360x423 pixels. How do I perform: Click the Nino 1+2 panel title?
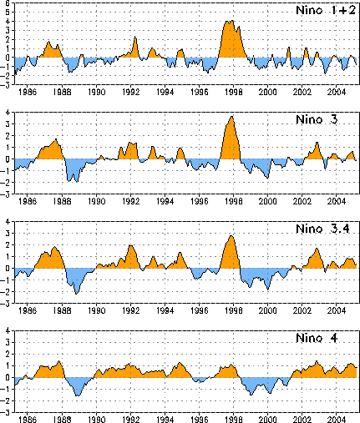(326, 10)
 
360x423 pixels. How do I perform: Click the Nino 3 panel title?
(317, 119)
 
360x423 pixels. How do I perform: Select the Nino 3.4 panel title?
(322, 229)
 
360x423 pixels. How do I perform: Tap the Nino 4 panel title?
(317, 338)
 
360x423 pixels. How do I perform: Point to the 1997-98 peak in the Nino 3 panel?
(232, 117)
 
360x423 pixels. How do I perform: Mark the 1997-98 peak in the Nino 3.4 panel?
(231, 236)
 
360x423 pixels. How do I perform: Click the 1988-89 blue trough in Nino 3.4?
(76, 294)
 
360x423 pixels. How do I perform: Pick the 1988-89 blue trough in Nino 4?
(78, 395)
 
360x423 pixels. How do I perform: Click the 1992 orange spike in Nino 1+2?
(135, 37)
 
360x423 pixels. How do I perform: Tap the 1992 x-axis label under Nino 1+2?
(131, 92)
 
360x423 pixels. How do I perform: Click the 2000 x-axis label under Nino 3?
(267, 201)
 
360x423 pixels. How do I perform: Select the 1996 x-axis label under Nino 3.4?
(200, 310)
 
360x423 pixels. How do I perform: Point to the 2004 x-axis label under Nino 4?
(337, 420)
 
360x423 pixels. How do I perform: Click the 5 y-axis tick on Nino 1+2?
(8, 13)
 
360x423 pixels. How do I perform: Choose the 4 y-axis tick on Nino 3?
(8, 113)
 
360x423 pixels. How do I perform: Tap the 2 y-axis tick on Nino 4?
(8, 355)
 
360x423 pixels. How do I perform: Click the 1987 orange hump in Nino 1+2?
(48, 42)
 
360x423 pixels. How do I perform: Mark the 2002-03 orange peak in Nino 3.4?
(317, 249)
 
